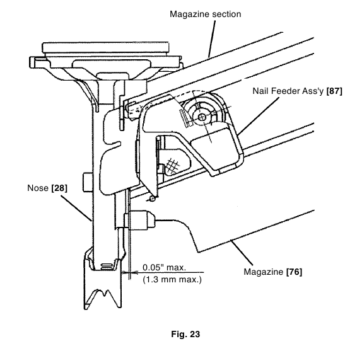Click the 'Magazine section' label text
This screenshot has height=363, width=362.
pos(205,14)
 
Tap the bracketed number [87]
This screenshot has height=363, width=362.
pos(334,91)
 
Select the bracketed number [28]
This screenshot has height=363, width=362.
pos(59,188)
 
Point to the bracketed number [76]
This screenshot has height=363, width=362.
pos(294,272)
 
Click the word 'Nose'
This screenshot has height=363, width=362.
pos(38,188)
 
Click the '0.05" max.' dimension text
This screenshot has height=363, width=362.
pos(164,267)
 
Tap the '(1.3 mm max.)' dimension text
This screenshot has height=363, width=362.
pos(172,279)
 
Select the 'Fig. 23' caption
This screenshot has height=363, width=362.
pos(185,334)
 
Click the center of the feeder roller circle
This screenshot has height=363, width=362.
pos(202,117)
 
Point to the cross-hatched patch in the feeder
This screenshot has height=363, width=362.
pos(173,165)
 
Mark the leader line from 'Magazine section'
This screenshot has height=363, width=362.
pos(212,38)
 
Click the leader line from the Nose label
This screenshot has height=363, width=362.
pos(76,209)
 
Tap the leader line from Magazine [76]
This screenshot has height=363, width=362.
pos(242,253)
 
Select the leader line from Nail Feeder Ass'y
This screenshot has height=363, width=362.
pos(258,115)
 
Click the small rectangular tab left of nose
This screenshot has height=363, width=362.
pos(88,182)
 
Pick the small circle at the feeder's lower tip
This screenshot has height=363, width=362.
pos(152,199)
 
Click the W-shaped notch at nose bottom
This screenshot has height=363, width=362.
pos(103,294)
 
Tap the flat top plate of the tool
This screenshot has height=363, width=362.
pos(105,47)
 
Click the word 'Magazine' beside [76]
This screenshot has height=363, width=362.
pos(264,272)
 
